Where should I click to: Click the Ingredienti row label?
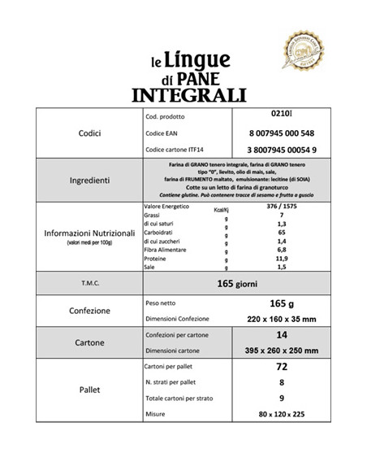(x=91, y=179)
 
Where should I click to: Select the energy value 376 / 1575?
(x=281, y=207)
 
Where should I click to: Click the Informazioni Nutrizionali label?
(x=91, y=233)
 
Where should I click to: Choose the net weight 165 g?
(x=281, y=303)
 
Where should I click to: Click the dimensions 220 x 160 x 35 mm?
(x=281, y=320)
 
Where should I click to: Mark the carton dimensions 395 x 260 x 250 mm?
(x=281, y=351)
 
